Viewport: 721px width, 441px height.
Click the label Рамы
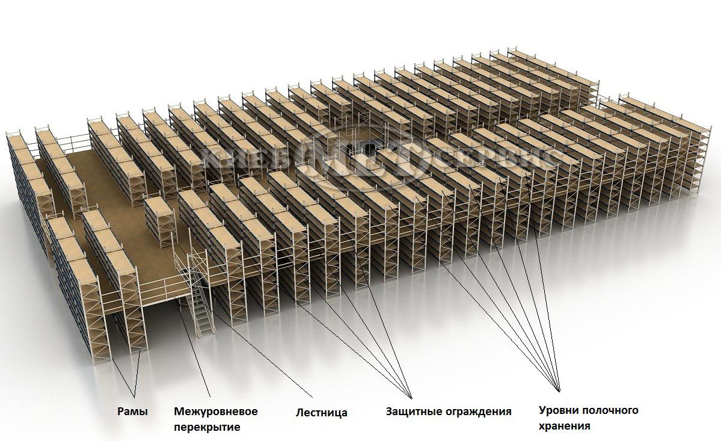point(132,412)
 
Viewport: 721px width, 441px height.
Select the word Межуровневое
point(215,412)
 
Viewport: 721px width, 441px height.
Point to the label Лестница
point(321,413)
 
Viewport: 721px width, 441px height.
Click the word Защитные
point(413,412)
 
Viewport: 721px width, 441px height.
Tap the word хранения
point(564,426)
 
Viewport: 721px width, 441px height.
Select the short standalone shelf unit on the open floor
point(159,220)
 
